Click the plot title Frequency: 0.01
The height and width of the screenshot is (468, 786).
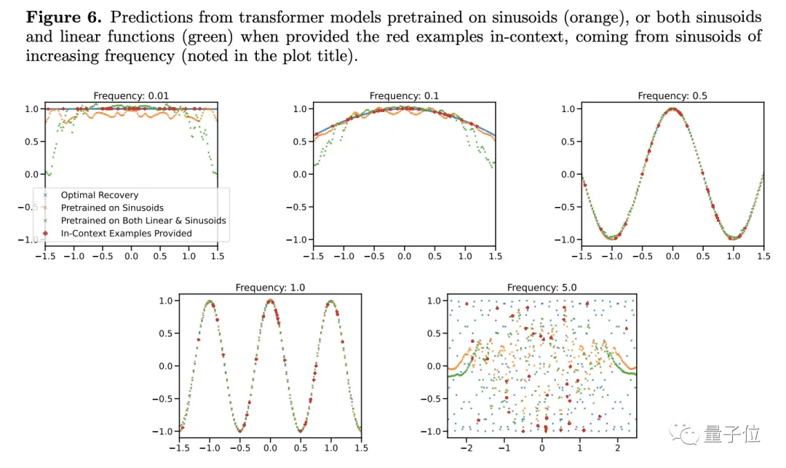click(131, 96)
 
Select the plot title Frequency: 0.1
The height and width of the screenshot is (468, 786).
click(404, 96)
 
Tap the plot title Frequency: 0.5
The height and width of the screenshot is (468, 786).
click(672, 96)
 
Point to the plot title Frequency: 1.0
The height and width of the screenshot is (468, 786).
click(270, 287)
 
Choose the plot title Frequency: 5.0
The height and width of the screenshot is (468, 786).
click(541, 287)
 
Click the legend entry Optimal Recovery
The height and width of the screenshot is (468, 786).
click(99, 195)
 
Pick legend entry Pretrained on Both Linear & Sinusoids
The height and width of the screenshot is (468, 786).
click(143, 221)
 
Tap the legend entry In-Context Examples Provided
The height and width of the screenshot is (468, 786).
click(127, 233)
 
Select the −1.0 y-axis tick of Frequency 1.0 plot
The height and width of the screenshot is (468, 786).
click(162, 431)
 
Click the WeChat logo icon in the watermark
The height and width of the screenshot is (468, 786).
click(685, 435)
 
